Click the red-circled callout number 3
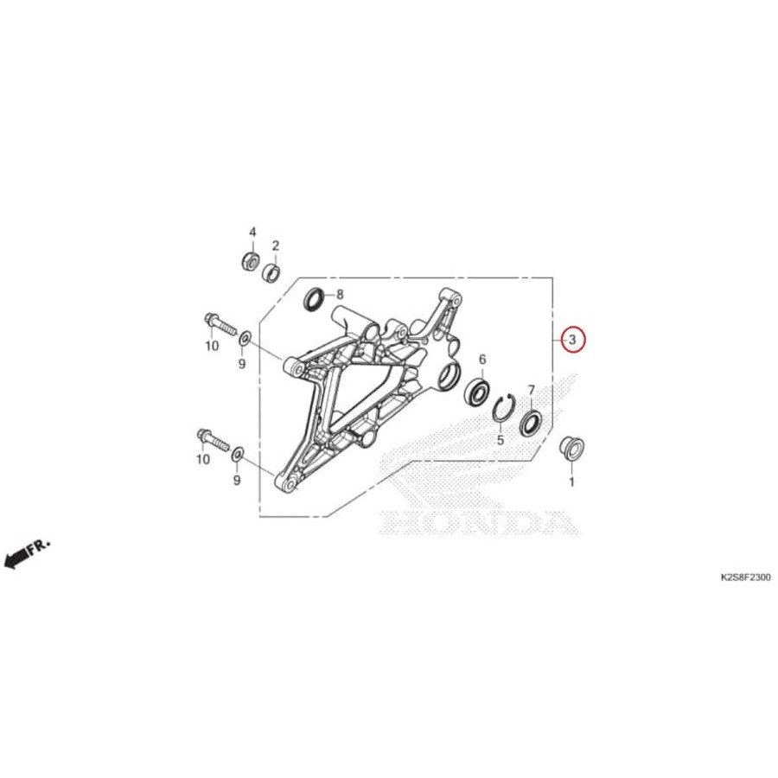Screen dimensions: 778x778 tap(572, 340)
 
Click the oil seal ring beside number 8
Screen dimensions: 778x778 tap(314, 299)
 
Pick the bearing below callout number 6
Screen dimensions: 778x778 tap(477, 392)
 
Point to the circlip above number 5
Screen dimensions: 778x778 tap(505, 408)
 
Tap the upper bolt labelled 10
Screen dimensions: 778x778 tap(220, 325)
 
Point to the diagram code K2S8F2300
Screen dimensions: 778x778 tap(740, 577)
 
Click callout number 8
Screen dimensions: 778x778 tap(340, 294)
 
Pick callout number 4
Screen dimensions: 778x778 tap(252, 232)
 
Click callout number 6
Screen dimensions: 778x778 tap(481, 360)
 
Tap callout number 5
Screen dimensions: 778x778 tap(500, 440)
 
